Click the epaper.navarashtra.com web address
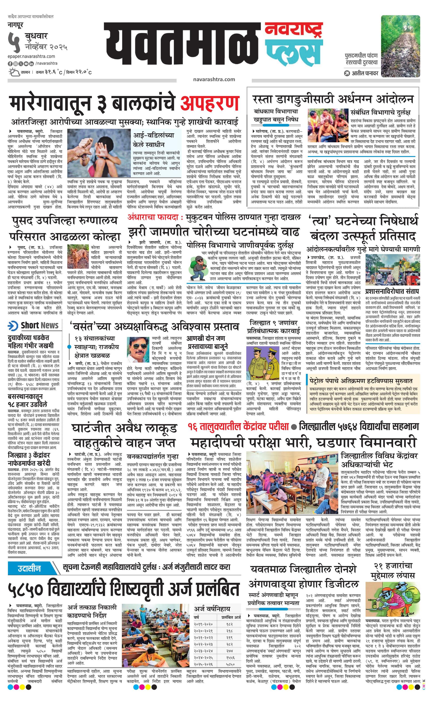coord(31,56)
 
